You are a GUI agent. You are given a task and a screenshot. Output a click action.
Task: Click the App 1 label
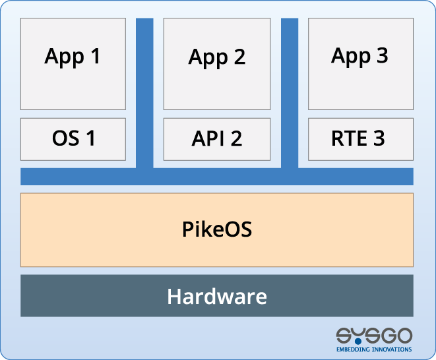pyautogui.click(x=73, y=57)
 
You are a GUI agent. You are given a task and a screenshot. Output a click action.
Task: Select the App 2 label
pyautogui.click(x=217, y=58)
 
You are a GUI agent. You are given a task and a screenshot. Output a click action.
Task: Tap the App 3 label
pyautogui.click(x=359, y=57)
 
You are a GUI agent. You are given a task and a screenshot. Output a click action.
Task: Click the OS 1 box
pyautogui.click(x=73, y=139)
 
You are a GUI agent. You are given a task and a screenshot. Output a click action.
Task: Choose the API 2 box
pyautogui.click(x=217, y=139)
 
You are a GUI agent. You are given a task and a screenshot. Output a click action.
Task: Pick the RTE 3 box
pyautogui.click(x=361, y=139)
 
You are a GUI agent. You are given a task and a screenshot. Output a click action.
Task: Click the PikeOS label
pyautogui.click(x=217, y=229)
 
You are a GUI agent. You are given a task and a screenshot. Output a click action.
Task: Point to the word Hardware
pyautogui.click(x=217, y=296)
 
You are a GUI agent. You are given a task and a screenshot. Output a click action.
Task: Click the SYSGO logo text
pyautogui.click(x=374, y=336)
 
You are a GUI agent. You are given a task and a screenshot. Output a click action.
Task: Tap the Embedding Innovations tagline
pyautogui.click(x=374, y=349)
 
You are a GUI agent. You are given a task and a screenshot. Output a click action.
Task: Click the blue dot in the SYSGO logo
pyautogui.click(x=358, y=341)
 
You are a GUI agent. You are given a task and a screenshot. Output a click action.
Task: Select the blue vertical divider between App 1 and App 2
pyautogui.click(x=144, y=93)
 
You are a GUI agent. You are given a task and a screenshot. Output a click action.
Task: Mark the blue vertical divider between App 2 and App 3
pyautogui.click(x=290, y=93)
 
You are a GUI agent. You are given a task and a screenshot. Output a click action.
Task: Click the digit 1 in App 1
pyautogui.click(x=95, y=56)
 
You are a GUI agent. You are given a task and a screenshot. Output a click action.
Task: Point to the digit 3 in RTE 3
pyautogui.click(x=379, y=138)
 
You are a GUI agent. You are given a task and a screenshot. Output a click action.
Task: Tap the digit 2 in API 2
pyautogui.click(x=236, y=138)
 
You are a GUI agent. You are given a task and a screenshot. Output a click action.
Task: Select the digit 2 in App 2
pyautogui.click(x=239, y=57)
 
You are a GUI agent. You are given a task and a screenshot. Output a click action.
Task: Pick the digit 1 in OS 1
pyautogui.click(x=91, y=138)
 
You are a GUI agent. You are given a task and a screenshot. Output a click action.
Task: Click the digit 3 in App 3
pyautogui.click(x=383, y=55)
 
